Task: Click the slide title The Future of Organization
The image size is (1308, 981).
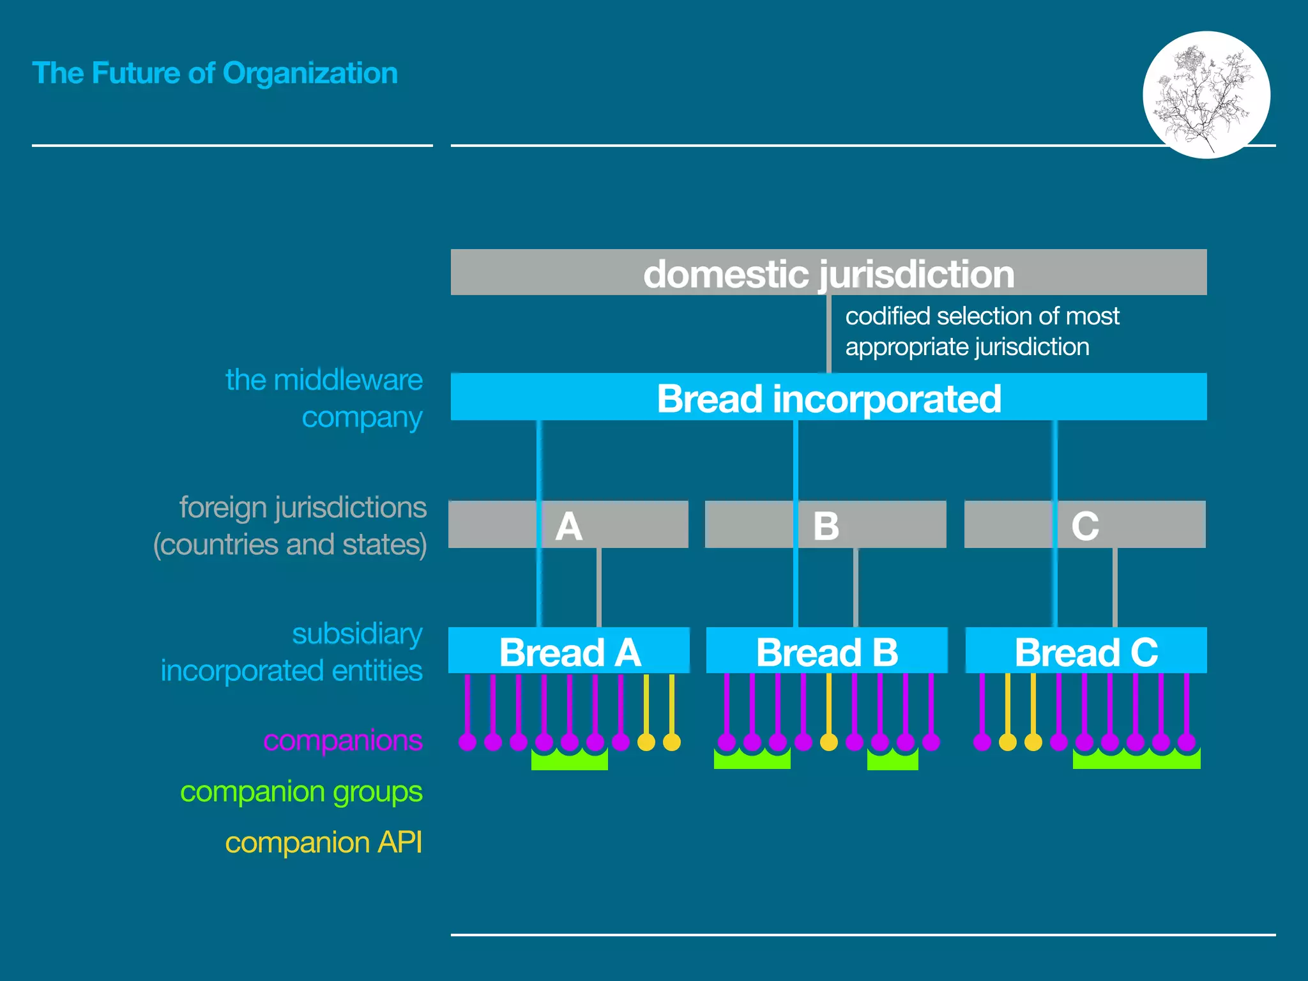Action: [215, 73]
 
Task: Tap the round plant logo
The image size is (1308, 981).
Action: [1206, 95]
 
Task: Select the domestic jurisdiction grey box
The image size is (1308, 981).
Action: [828, 273]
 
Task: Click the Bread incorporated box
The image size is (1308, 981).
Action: [828, 397]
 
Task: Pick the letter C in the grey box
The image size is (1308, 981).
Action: [1085, 526]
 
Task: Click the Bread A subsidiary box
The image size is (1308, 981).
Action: [568, 651]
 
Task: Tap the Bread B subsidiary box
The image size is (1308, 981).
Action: [826, 651]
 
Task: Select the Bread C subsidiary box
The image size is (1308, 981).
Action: [1086, 651]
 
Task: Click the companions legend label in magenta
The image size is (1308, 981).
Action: [342, 740]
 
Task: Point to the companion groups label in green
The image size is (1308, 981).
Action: [301, 792]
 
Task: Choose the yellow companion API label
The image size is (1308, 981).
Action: [323, 842]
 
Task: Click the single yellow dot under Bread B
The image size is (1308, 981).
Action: [828, 742]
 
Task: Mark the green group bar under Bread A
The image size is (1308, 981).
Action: [569, 761]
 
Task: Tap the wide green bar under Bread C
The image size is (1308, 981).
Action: [1136, 760]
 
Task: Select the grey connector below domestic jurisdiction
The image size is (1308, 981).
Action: [829, 333]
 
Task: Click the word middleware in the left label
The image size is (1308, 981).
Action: [347, 380]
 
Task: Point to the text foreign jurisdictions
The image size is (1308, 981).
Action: [302, 508]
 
